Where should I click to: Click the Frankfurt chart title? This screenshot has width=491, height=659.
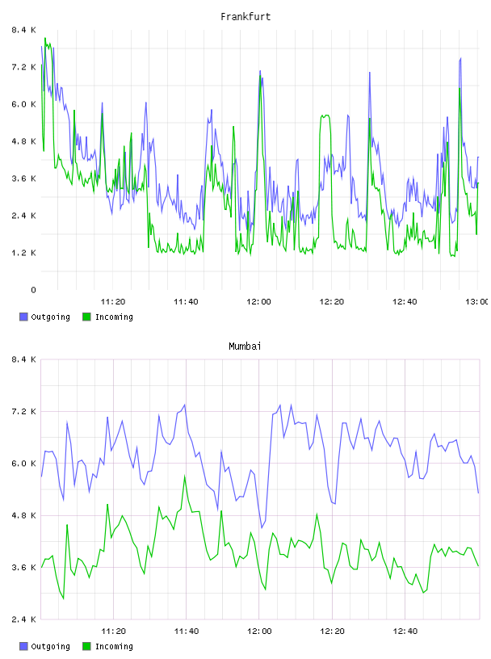click(245, 17)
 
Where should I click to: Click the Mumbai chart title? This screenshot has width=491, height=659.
click(245, 346)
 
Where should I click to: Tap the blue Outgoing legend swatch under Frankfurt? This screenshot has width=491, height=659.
click(23, 317)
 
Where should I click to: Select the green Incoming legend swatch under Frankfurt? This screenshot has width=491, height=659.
click(86, 317)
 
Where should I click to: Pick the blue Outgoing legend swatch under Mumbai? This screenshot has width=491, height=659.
click(23, 646)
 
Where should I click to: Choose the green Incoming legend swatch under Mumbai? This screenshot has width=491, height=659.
click(86, 646)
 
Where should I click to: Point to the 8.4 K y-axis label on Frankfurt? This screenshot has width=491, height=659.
click(23, 30)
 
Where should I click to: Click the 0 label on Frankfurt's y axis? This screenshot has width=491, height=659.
click(33, 290)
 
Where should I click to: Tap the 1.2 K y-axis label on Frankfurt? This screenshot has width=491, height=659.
click(23, 253)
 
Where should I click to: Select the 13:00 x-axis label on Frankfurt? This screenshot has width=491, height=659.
click(477, 302)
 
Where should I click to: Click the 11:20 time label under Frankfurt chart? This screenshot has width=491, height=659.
click(113, 302)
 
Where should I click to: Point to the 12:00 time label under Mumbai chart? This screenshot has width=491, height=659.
click(259, 632)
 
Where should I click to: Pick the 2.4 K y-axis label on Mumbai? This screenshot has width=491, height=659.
click(23, 619)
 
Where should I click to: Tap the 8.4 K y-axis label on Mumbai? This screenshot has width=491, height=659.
click(23, 359)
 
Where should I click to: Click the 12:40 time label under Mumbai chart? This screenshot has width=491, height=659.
click(405, 632)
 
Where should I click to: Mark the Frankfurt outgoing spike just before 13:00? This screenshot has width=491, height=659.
click(460, 59)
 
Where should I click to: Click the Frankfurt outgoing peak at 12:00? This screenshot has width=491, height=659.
click(260, 71)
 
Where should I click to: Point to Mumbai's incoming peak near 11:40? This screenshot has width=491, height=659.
click(185, 476)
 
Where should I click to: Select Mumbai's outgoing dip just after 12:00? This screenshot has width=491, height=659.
click(262, 527)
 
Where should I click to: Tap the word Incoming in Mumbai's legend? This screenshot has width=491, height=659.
click(114, 646)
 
